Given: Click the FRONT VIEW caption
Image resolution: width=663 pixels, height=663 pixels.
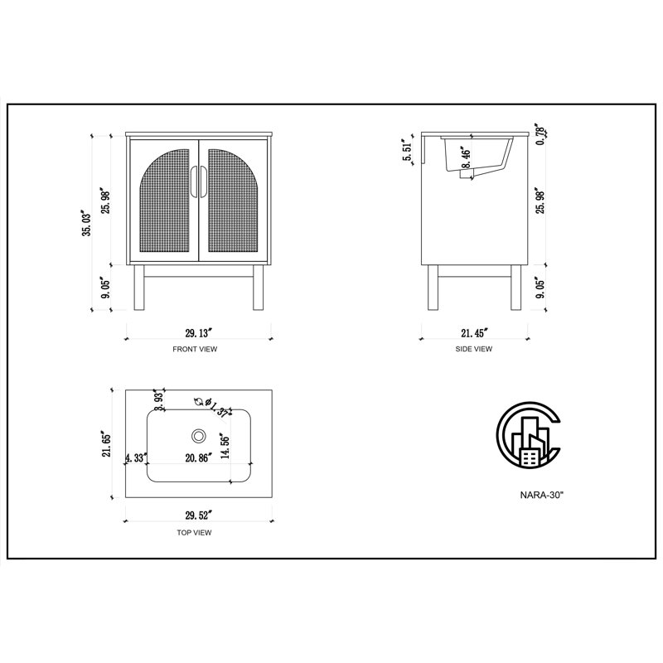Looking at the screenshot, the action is [195, 349].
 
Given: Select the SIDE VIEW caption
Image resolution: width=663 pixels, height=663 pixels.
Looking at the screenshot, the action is [473, 349].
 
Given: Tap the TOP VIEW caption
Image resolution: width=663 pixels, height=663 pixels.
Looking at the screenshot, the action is [194, 533].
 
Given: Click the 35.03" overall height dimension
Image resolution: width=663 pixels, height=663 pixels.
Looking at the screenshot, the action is [87, 223].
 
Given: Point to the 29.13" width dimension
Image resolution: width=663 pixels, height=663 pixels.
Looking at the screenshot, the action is [198, 333].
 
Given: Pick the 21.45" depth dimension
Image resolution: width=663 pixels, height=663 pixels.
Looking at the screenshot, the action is [474, 333].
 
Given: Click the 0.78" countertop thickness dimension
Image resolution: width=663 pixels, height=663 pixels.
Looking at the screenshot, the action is [540, 134].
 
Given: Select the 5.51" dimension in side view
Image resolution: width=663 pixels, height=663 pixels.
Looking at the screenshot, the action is [407, 151].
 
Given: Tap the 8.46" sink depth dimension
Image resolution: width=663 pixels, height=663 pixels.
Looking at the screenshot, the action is [466, 158].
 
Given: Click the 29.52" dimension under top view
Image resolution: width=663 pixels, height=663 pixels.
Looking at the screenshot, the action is [198, 515].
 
